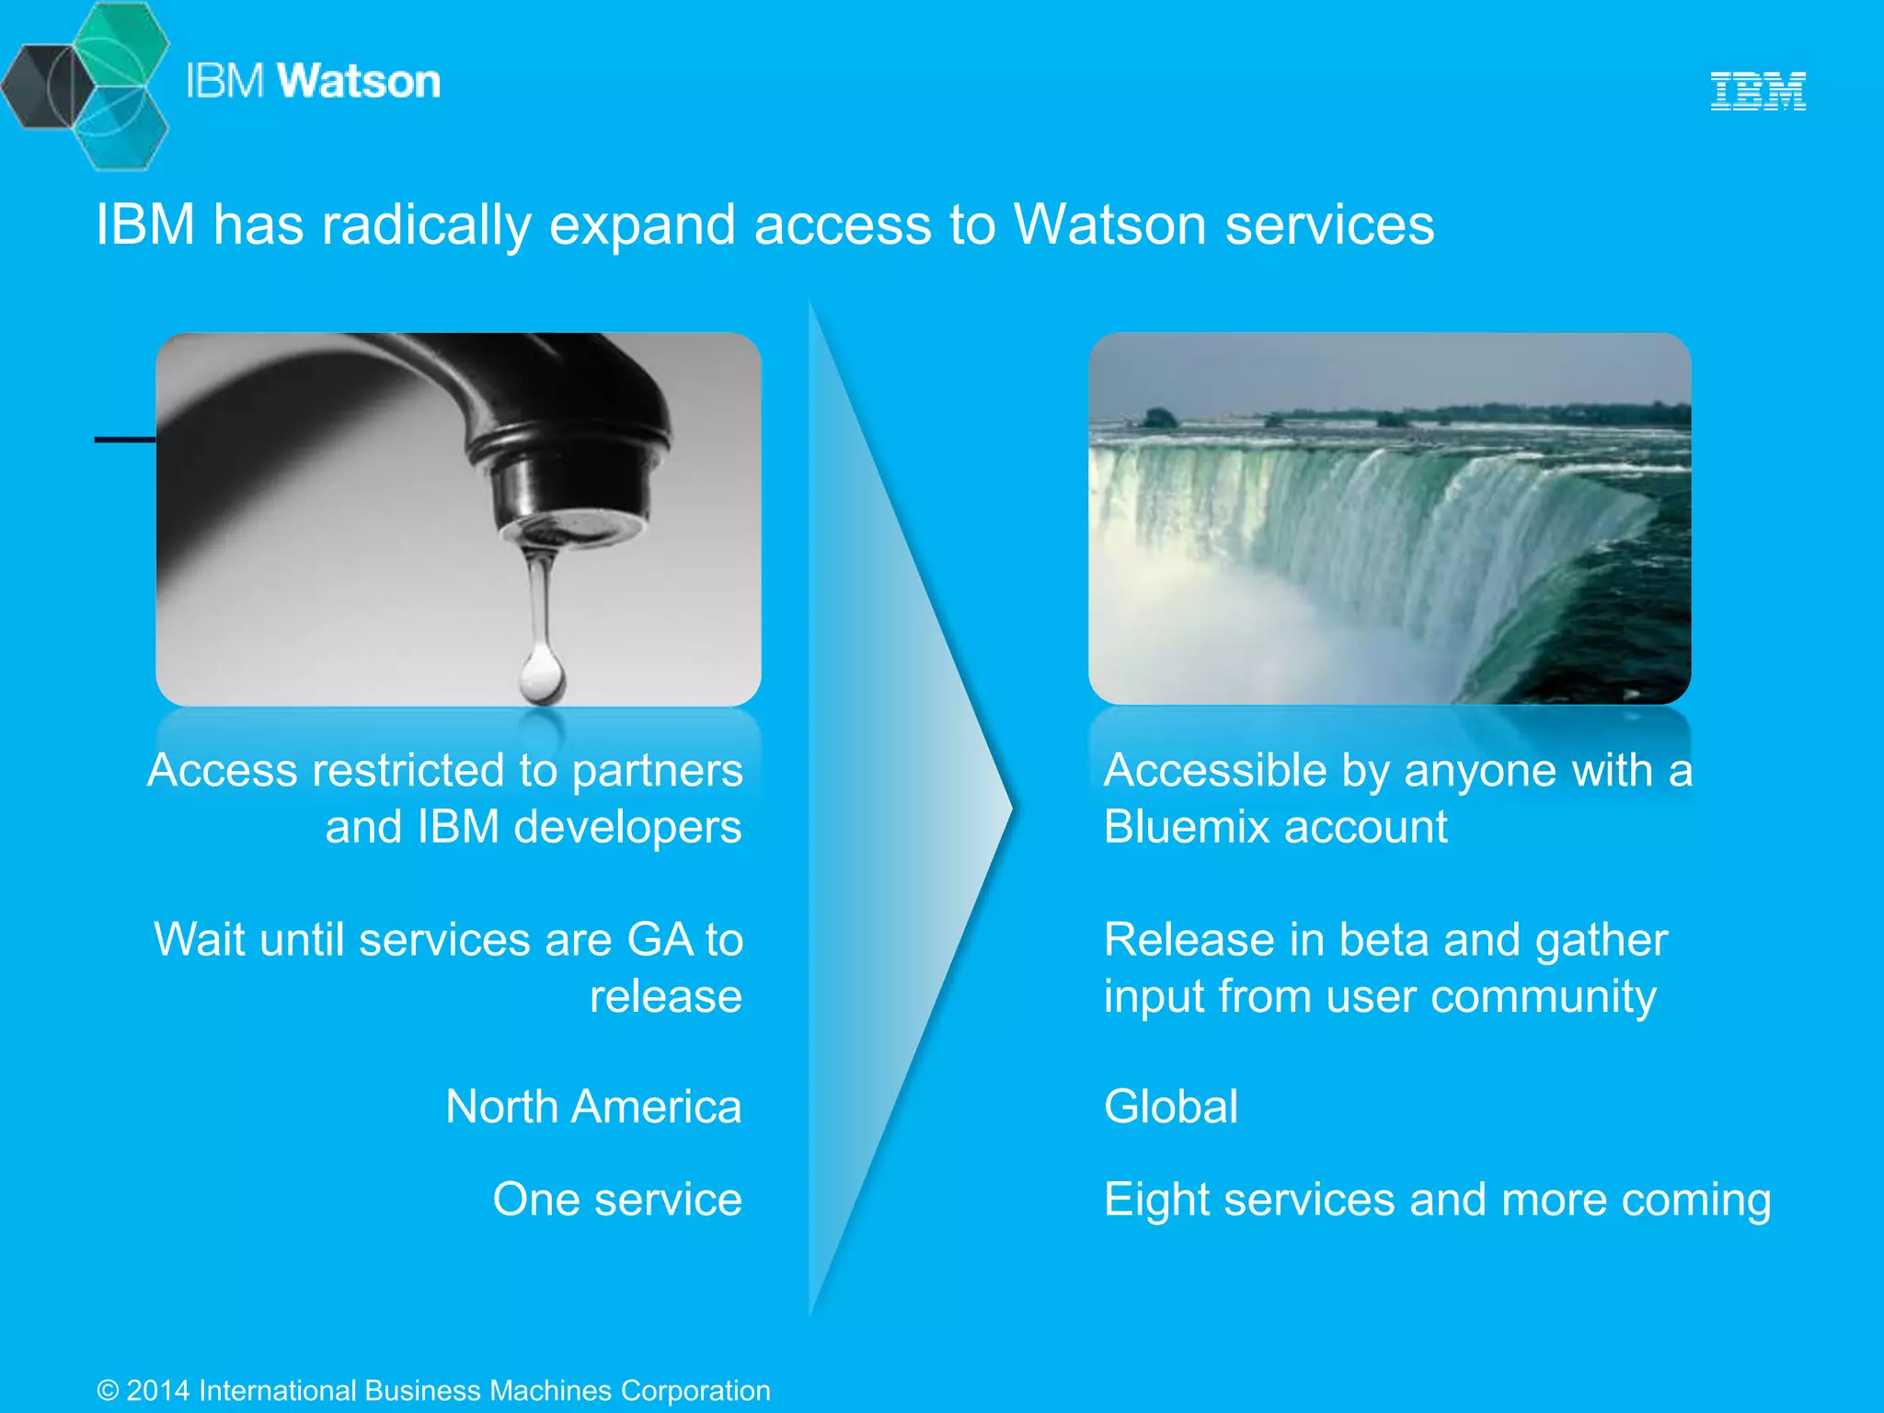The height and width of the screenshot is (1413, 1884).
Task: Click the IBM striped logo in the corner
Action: [1757, 91]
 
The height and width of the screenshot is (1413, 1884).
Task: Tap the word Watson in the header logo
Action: [359, 81]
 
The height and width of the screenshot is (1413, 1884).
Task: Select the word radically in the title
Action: [426, 225]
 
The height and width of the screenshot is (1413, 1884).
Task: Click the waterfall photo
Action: [1389, 518]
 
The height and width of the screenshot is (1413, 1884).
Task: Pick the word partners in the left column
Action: [657, 771]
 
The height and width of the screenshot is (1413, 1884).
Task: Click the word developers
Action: [627, 827]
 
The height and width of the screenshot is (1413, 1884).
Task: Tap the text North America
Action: [593, 1107]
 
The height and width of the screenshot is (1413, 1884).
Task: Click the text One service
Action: [617, 1200]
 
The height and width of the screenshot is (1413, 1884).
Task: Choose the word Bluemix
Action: [1186, 827]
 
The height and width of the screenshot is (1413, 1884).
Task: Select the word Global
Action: [1170, 1107]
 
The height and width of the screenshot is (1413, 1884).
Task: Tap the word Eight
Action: [1156, 1200]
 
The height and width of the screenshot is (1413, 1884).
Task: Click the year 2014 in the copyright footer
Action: [157, 1390]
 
